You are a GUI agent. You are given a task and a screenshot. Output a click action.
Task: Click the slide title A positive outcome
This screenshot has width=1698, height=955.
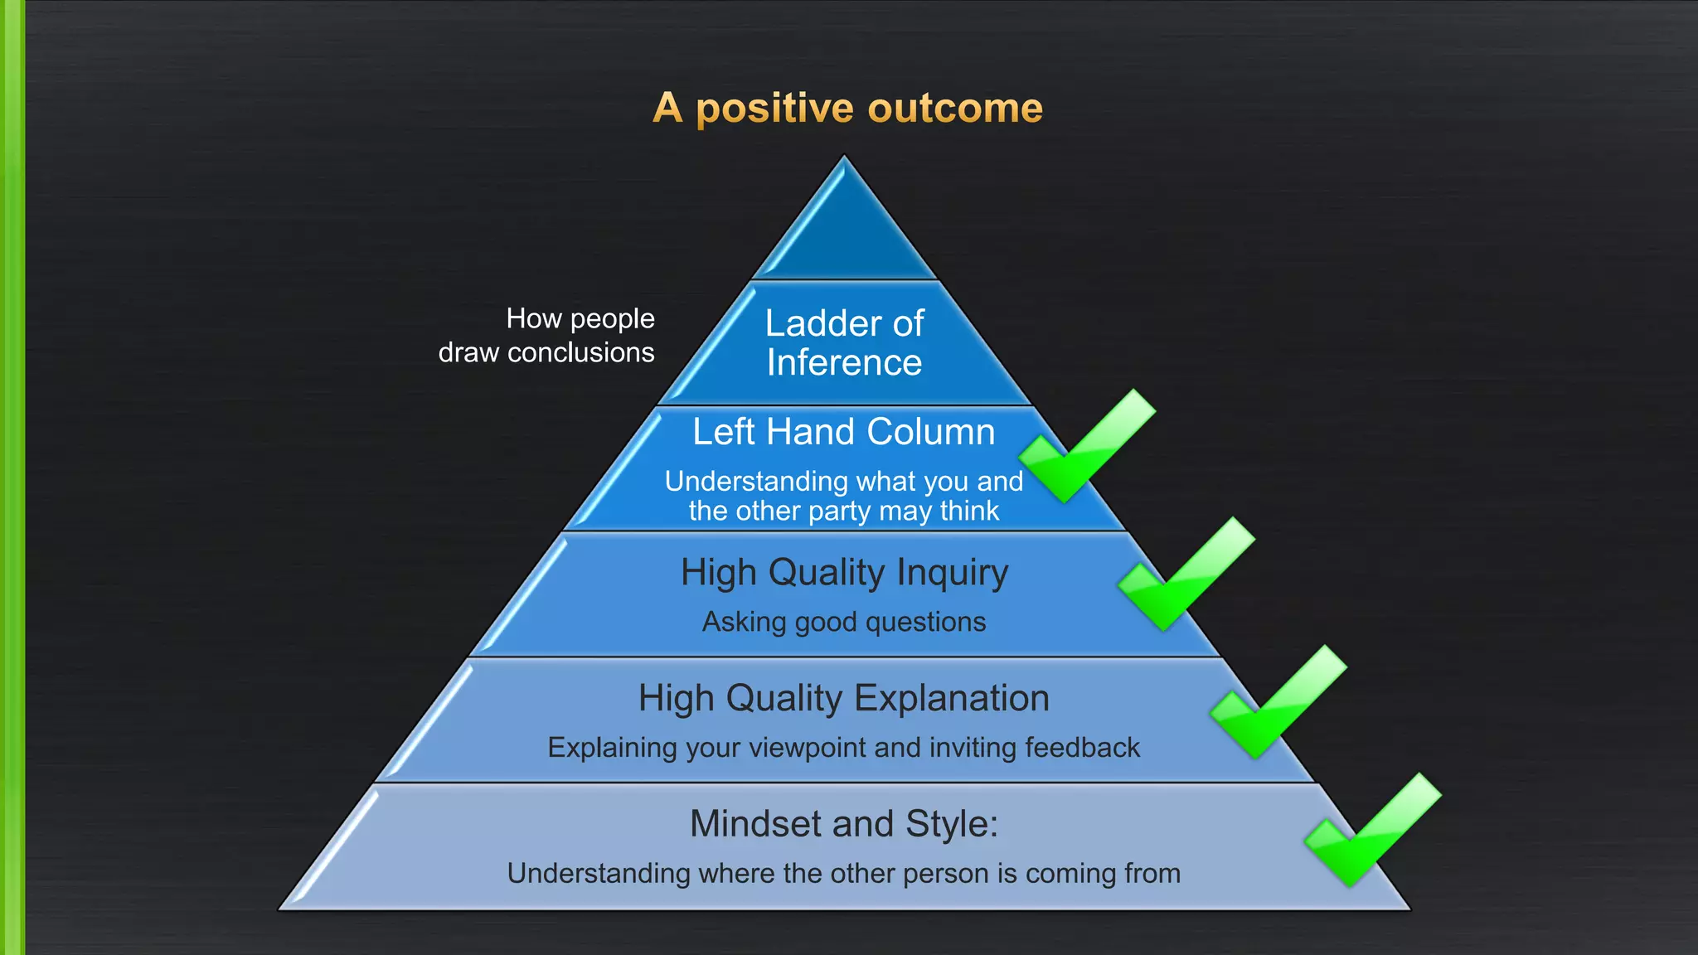click(847, 109)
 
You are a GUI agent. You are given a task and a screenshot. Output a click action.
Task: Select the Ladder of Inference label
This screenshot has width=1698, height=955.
click(844, 342)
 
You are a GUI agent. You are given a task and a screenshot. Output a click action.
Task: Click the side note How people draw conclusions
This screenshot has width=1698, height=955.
click(547, 336)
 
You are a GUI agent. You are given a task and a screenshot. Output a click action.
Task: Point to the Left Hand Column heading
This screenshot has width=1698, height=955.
click(843, 432)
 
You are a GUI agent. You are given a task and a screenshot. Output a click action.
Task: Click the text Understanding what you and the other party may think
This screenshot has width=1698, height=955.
click(843, 496)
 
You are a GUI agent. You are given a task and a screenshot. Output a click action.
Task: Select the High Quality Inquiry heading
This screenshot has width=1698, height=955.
click(844, 573)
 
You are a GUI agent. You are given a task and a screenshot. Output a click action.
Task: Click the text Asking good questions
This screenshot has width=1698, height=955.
click(844, 622)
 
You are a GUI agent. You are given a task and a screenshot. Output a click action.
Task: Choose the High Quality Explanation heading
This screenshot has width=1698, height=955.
click(844, 699)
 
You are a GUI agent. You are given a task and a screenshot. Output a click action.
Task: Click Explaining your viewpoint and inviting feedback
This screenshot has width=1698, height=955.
click(844, 748)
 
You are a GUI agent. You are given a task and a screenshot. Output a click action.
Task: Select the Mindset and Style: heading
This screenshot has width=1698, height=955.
click(844, 824)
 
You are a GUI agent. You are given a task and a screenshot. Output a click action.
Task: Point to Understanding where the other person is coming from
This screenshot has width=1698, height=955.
click(844, 874)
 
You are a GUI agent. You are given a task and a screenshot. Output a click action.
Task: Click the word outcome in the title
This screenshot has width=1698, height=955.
click(955, 109)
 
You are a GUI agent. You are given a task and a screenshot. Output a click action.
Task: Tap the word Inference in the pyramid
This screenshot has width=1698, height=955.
click(844, 363)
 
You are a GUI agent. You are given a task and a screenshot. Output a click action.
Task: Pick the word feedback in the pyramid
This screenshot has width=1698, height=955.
click(1082, 748)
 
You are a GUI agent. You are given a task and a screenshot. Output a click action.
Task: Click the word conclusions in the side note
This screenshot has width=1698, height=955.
click(580, 353)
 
